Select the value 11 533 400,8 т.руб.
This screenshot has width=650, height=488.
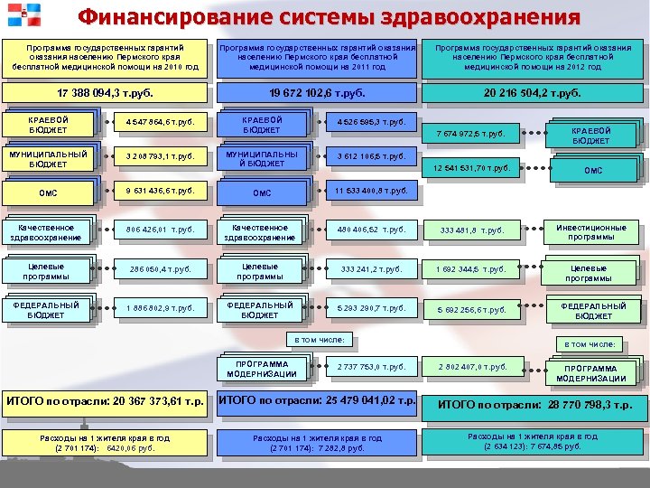[371, 190]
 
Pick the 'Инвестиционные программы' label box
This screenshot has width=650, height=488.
[591, 232]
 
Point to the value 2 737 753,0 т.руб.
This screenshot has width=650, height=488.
[371, 368]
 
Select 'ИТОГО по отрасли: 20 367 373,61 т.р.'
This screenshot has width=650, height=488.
[105, 401]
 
